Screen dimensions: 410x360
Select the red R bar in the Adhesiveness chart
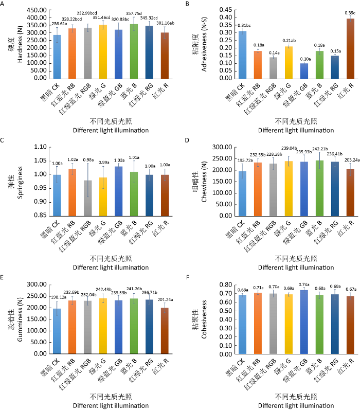[351, 48]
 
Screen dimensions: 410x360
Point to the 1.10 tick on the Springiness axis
[40, 147]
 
